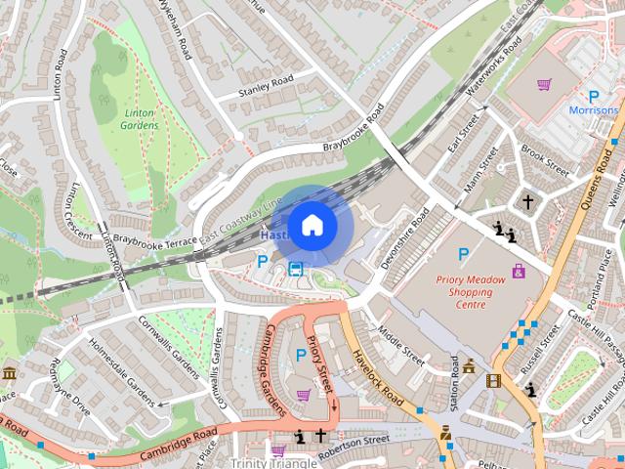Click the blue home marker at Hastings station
(312, 226)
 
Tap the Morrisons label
(594, 110)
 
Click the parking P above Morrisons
(592, 95)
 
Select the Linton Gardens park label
(141, 119)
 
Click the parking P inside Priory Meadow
(463, 254)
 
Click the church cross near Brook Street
(528, 201)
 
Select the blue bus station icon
(295, 269)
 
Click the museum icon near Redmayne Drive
(9, 373)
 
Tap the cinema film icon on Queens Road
(493, 380)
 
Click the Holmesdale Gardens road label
(122, 371)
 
